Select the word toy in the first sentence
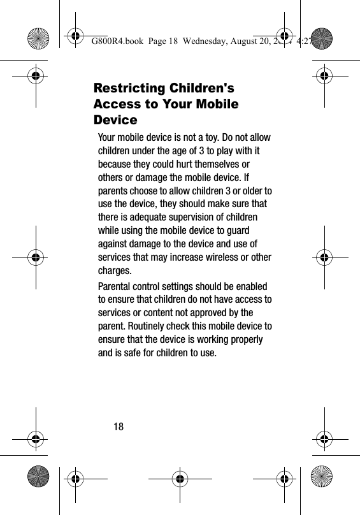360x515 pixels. point(207,138)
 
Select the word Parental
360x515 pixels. point(118,287)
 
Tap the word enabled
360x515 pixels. point(250,287)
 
